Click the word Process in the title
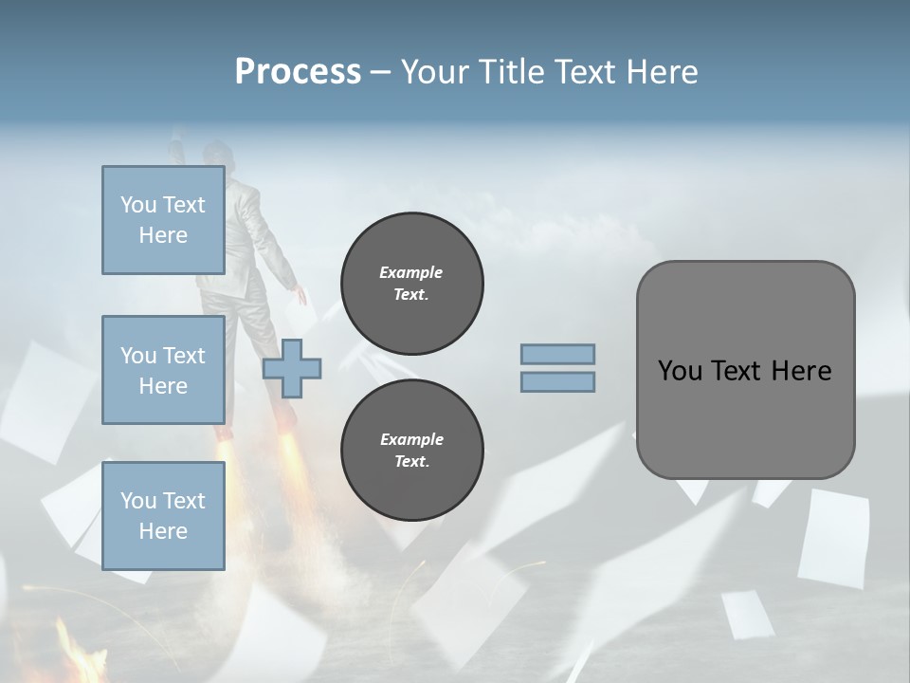pyautogui.click(x=298, y=72)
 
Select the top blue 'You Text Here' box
pyautogui.click(x=163, y=220)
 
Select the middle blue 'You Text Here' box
pyautogui.click(x=163, y=370)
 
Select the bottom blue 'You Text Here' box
pyautogui.click(x=163, y=516)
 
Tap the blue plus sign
pyautogui.click(x=292, y=368)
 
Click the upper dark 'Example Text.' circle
pyautogui.click(x=411, y=284)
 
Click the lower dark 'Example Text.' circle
pyautogui.click(x=411, y=450)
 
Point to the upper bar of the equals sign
pyautogui.click(x=557, y=354)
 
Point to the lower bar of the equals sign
pyautogui.click(x=557, y=381)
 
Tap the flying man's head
pyautogui.click(x=220, y=153)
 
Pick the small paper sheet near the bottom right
pyautogui.click(x=748, y=615)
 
